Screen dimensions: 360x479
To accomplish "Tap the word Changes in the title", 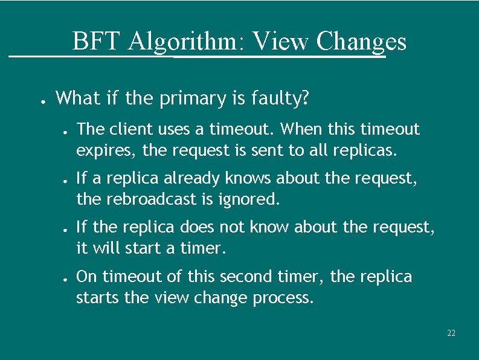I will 361,42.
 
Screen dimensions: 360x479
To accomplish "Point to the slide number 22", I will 451,333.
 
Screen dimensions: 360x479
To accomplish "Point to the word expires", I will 97,149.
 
